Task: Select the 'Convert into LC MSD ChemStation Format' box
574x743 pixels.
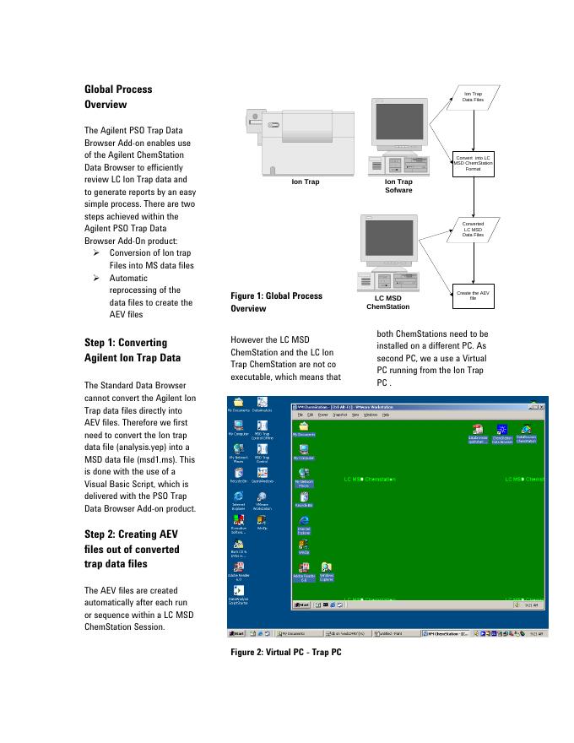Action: click(x=473, y=163)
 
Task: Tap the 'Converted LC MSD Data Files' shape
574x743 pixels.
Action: click(x=473, y=230)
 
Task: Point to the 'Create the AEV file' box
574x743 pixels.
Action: click(x=473, y=296)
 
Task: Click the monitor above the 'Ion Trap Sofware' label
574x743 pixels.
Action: click(x=398, y=126)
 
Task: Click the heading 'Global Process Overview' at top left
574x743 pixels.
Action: click(x=118, y=97)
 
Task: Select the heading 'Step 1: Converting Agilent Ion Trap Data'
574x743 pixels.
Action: click(x=127, y=350)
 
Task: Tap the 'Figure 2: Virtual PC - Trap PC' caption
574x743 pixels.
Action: click(x=285, y=652)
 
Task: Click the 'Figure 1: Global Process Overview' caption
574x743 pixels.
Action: click(x=276, y=302)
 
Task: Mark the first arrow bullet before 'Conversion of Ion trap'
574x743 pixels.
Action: click(x=96, y=253)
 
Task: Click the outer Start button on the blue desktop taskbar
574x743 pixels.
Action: click(x=239, y=633)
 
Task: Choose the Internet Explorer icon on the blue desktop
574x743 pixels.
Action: click(x=239, y=498)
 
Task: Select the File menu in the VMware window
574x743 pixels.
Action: click(x=300, y=415)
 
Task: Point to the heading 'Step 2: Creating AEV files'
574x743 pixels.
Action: click(x=131, y=549)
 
